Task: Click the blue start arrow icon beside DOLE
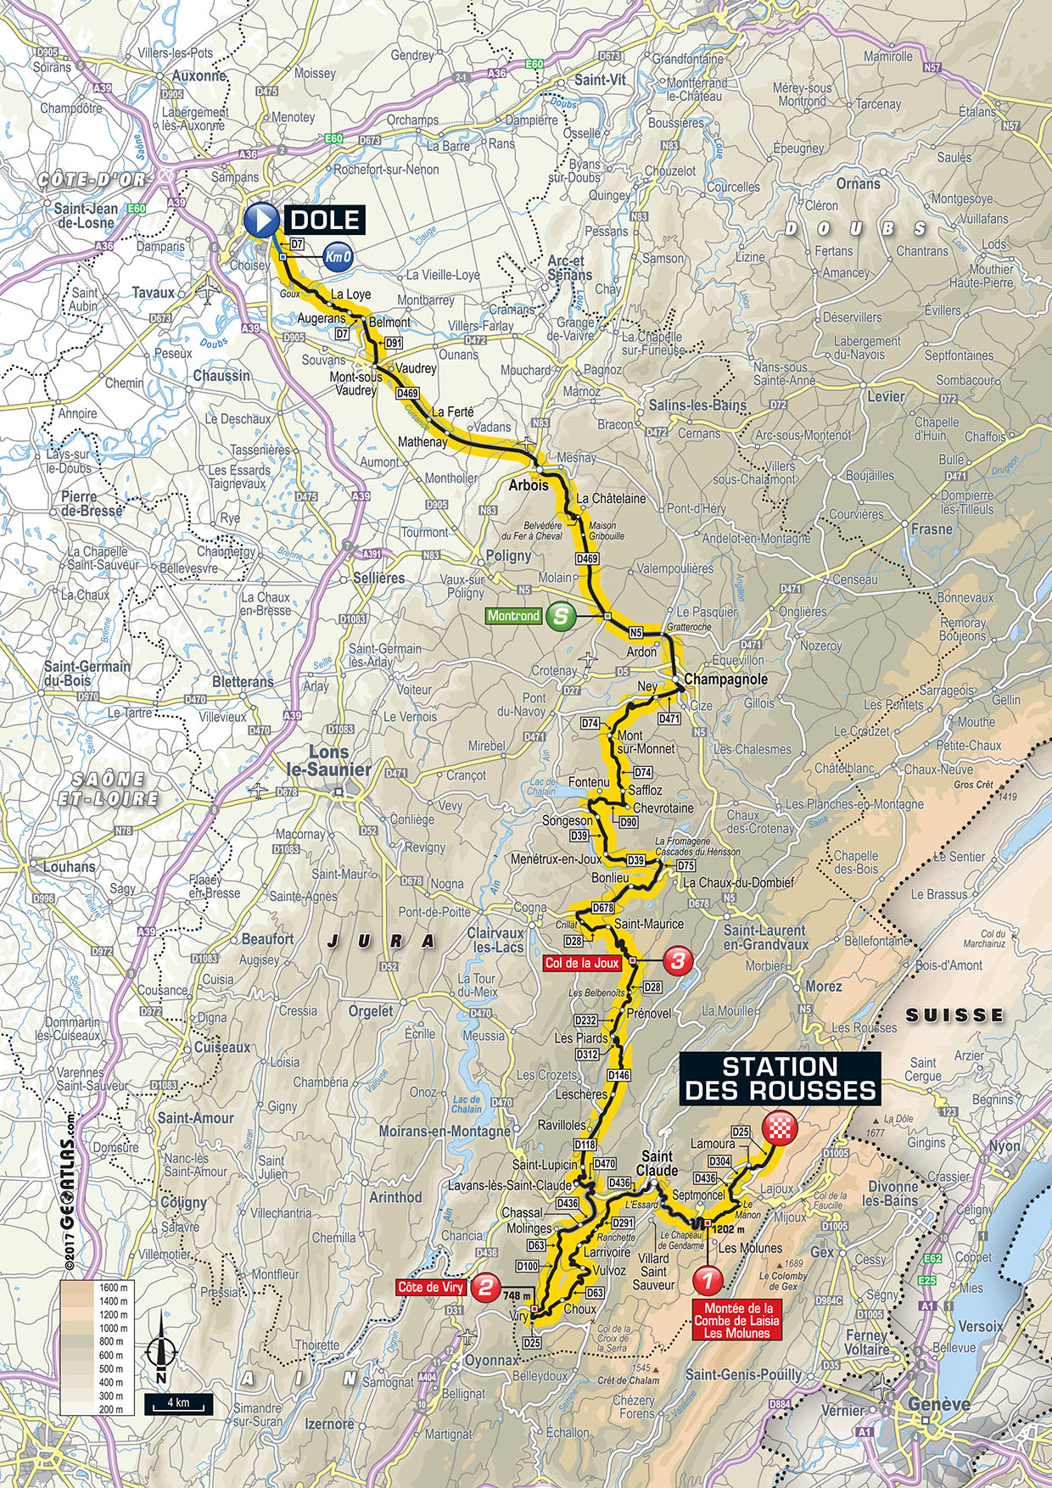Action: [260, 221]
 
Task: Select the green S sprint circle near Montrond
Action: [560, 616]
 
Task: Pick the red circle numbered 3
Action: [677, 961]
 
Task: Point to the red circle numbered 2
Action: [485, 1287]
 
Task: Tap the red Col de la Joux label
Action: [582, 963]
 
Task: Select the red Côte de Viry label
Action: [431, 1287]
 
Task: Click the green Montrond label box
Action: [513, 616]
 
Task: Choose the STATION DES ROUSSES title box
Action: [780, 1078]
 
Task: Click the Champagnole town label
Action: [725, 680]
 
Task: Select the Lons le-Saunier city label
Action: [339, 761]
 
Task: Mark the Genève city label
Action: [938, 1404]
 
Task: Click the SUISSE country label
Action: [954, 1015]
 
